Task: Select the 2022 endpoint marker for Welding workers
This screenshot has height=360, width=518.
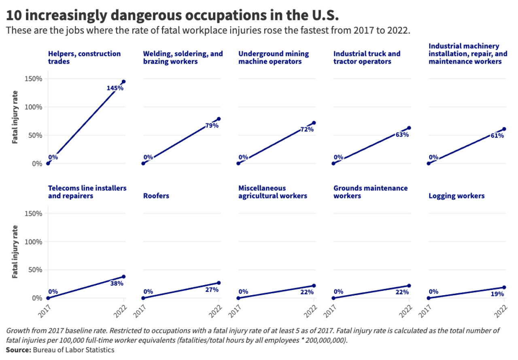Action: tap(219, 119)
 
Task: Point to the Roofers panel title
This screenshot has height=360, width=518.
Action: tap(156, 196)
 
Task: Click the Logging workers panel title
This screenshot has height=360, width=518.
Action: tap(456, 196)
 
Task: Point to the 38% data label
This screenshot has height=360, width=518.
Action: tap(117, 283)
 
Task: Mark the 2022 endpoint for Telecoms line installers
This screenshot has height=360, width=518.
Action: tap(124, 277)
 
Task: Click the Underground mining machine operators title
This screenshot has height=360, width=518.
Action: tap(274, 58)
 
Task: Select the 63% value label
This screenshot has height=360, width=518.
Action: tap(402, 134)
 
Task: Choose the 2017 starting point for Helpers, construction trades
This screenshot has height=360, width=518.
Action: tap(48, 164)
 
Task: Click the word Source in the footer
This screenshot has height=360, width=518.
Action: tap(18, 350)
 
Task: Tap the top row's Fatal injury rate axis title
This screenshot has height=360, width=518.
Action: tap(15, 117)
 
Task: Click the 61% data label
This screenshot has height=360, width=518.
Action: tap(497, 136)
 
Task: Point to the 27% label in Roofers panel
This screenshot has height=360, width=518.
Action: tap(212, 290)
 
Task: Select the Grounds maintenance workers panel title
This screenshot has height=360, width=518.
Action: tap(370, 192)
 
